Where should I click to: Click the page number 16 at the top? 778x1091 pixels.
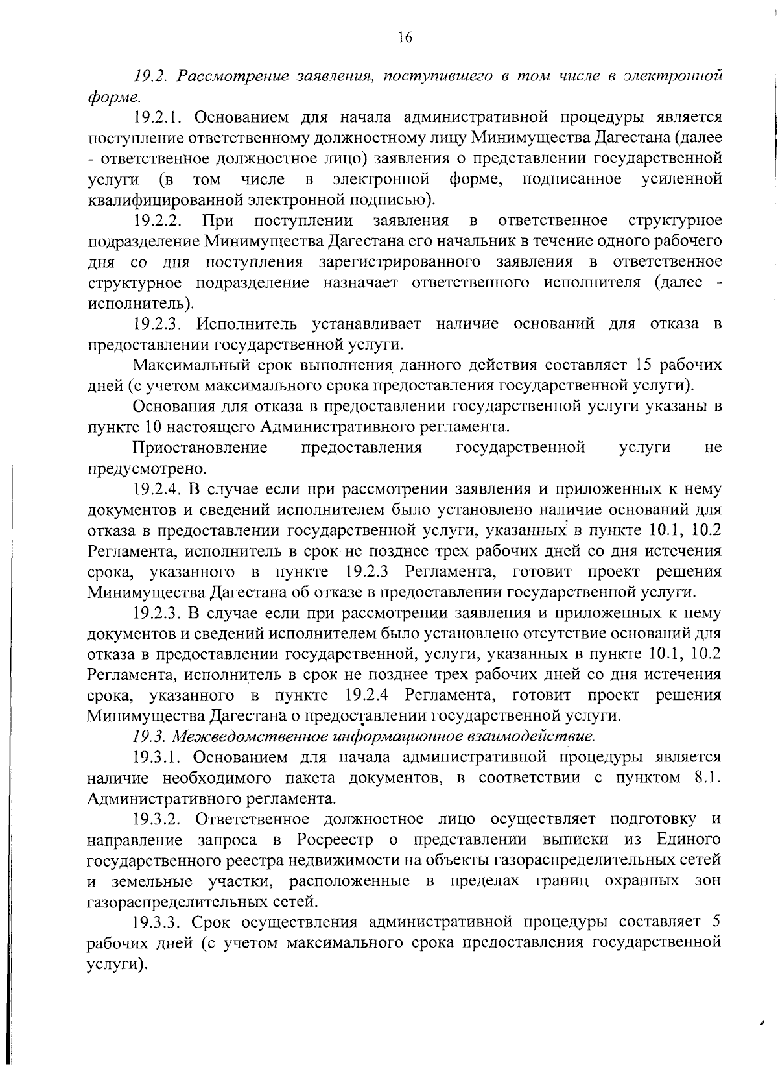tap(405, 38)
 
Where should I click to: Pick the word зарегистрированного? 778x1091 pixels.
tap(400, 262)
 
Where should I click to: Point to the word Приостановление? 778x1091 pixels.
tap(200, 448)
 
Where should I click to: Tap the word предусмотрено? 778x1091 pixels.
tap(147, 468)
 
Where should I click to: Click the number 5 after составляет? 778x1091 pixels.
tap(716, 922)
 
